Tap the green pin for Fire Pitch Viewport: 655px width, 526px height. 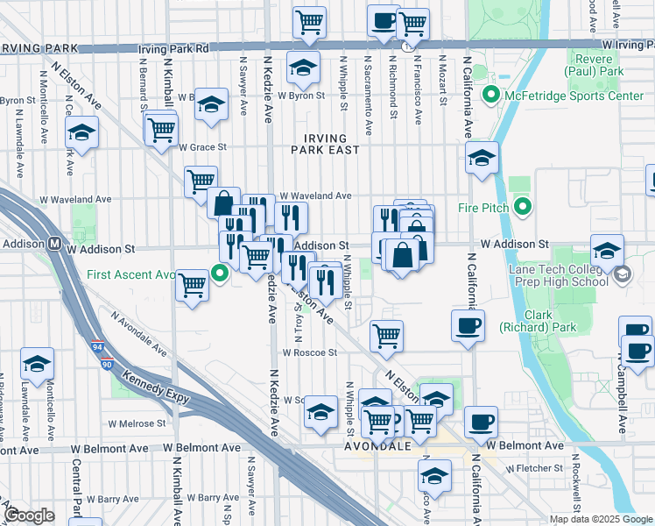coord(523,208)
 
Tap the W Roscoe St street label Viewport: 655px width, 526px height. coord(308,353)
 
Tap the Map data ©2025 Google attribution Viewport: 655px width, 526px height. coord(601,519)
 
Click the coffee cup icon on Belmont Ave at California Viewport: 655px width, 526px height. coord(480,421)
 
